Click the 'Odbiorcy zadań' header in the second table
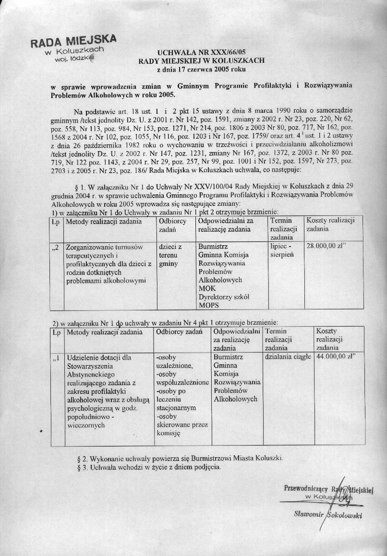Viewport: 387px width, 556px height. (181, 331)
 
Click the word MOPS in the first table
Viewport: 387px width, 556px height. (208, 305)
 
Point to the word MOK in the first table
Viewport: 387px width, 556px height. (206, 288)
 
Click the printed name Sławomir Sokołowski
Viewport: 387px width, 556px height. (327, 515)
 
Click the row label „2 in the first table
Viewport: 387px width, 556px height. (56, 247)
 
